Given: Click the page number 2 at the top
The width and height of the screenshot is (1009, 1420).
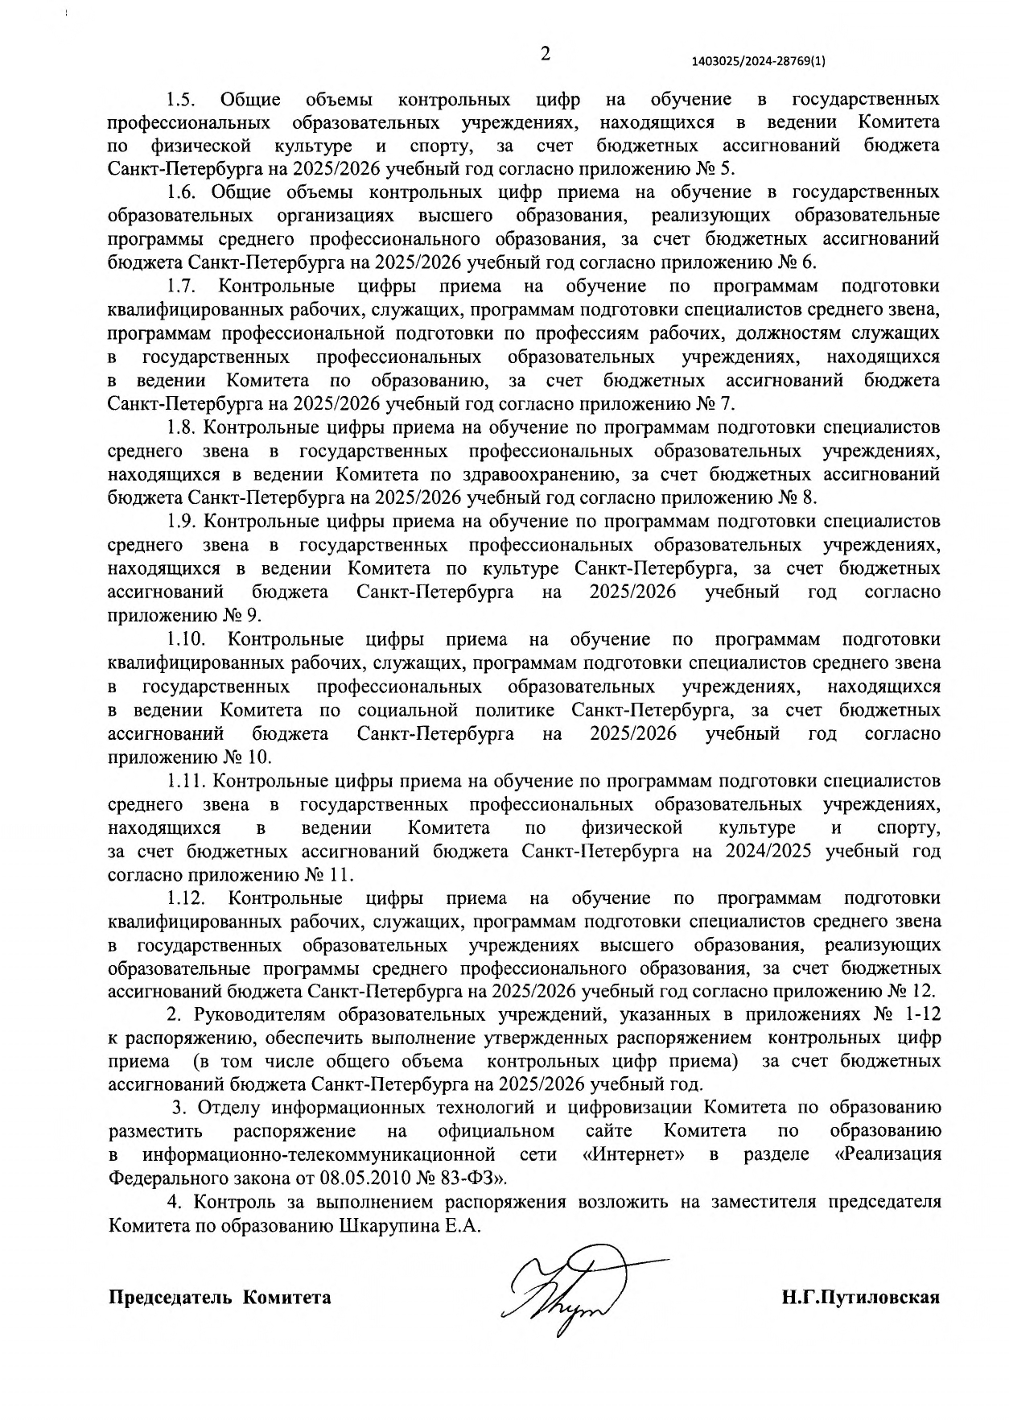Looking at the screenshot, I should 545,55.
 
